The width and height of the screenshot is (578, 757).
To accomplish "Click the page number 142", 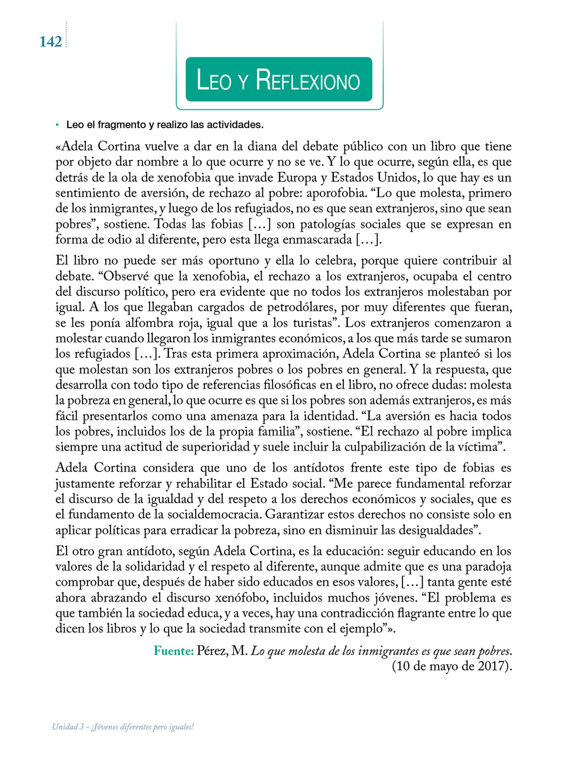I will tap(51, 42).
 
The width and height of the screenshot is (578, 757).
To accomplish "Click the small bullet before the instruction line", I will tap(57, 125).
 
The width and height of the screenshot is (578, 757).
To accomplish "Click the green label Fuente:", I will tap(174, 651).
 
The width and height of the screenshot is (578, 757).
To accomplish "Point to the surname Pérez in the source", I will tap(212, 651).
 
